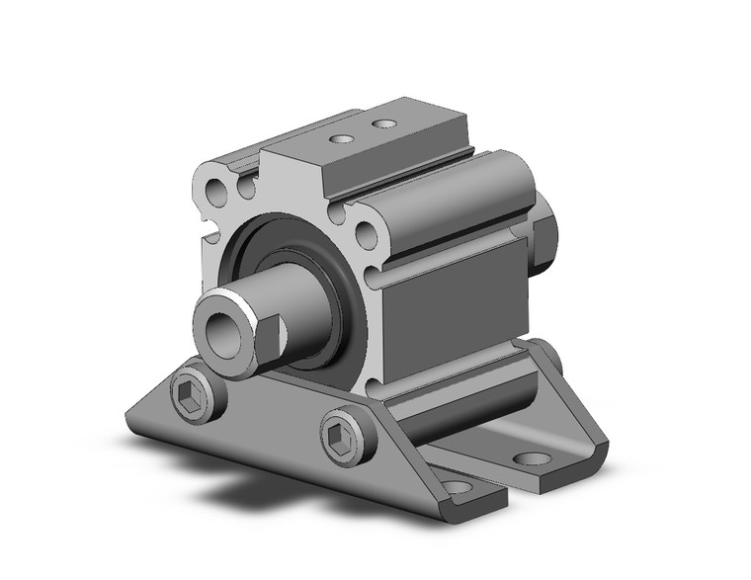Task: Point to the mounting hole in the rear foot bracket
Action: (x=533, y=459)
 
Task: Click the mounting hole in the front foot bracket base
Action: (x=457, y=486)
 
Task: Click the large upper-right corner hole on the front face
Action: (x=365, y=234)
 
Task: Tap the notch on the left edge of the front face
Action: (x=210, y=235)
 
